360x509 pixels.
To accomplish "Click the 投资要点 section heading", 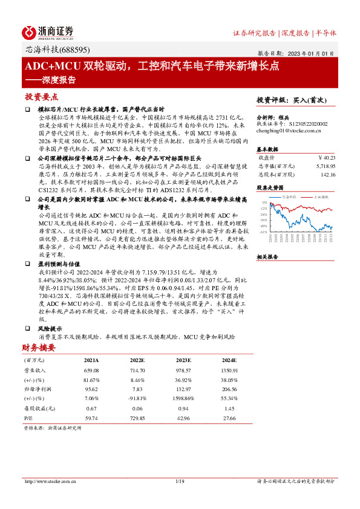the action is (x=41, y=97).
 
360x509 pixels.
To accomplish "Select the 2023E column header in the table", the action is (x=184, y=360).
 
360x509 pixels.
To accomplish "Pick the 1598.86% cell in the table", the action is (x=183, y=400).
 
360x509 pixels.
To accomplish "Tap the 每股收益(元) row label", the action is (x=38, y=408).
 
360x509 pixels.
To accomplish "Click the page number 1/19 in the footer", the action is (x=179, y=481).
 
